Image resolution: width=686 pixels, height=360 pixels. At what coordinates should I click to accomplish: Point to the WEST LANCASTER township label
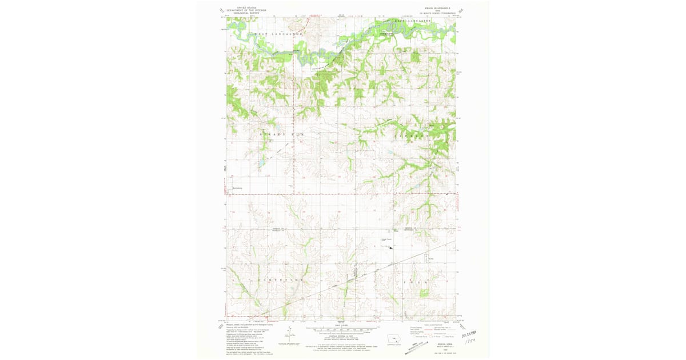pyautogui.click(x=270, y=35)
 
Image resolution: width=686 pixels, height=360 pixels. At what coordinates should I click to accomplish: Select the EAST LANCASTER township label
pyautogui.click(x=411, y=21)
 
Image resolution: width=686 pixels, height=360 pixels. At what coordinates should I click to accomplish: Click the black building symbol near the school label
pyautogui.click(x=390, y=247)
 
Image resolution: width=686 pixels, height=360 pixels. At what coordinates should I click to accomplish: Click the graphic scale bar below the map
pyautogui.click(x=342, y=330)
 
